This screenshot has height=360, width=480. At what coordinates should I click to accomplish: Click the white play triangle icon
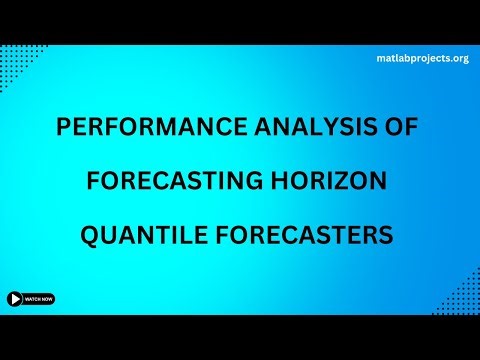click(x=15, y=298)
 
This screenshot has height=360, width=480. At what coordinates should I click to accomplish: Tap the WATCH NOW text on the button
click(x=39, y=298)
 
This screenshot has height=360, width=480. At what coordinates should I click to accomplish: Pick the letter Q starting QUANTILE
click(x=87, y=237)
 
